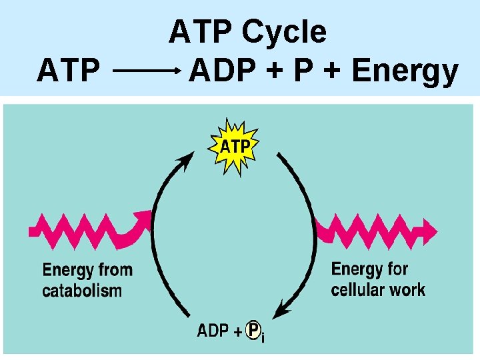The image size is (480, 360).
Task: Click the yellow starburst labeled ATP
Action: [x=235, y=147]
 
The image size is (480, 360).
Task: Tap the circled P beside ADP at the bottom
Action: [x=253, y=330]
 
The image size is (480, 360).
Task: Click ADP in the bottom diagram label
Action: [x=213, y=330]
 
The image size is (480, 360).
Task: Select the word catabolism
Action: [x=82, y=291]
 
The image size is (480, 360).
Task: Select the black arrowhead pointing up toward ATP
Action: [x=187, y=159]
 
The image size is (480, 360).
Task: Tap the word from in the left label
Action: [x=115, y=270]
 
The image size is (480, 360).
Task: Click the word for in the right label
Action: [x=397, y=269]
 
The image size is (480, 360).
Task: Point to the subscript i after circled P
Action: [x=263, y=339]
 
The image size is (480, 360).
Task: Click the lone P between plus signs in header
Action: [x=303, y=71]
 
